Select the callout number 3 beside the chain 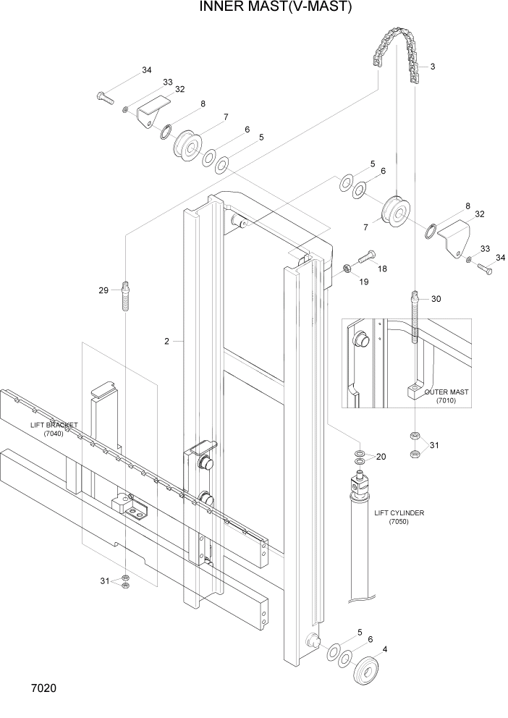point(432,67)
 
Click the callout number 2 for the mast point(166,341)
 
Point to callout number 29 point(103,290)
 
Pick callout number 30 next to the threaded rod point(436,299)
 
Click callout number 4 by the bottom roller point(384,649)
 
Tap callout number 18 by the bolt point(382,269)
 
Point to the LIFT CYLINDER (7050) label point(399,517)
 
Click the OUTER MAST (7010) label point(446,396)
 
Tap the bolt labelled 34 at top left point(105,96)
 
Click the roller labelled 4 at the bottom point(371,672)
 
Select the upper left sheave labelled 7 point(190,147)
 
